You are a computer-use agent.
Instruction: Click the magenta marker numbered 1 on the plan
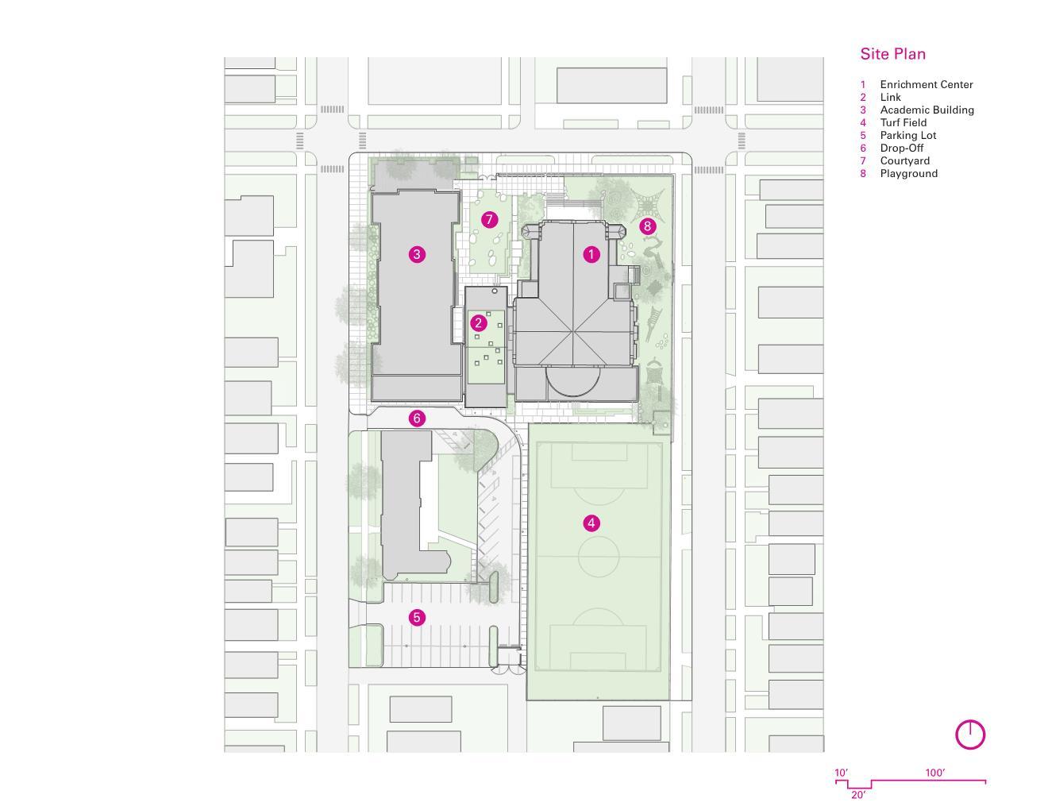pos(591,254)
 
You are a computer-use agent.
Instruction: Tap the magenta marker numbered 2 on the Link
pos(479,322)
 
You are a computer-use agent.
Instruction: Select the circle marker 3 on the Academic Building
pos(417,254)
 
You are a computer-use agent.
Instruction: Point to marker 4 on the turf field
pos(591,523)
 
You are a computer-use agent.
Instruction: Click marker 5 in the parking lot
pos(417,617)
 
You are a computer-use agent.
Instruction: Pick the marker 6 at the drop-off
pos(417,418)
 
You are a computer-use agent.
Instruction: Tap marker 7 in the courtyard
pos(489,219)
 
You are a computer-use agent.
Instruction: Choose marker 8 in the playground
pos(647,226)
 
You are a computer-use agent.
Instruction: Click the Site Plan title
pos(892,54)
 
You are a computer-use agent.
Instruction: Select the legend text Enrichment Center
pos(926,84)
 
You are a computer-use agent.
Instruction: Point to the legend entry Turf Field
pos(903,122)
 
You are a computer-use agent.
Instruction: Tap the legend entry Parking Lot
pos(907,136)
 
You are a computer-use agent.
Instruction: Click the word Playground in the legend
pos(908,174)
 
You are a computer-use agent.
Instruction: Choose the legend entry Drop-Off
pos(901,148)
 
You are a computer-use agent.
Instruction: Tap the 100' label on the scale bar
pos(934,773)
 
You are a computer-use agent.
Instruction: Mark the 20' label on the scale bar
pos(858,795)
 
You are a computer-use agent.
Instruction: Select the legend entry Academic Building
pos(927,110)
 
